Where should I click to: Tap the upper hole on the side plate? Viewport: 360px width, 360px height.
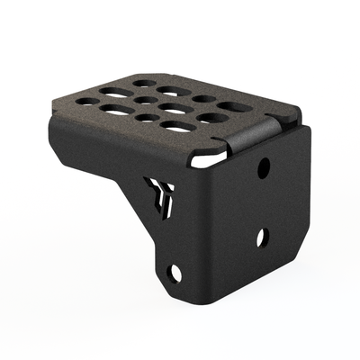click(264, 167)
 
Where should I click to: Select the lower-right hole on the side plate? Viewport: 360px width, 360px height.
click(262, 238)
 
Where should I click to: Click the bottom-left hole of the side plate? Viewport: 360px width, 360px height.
click(175, 272)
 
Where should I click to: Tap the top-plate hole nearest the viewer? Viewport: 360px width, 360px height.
click(178, 128)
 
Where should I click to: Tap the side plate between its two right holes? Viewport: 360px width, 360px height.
click(263, 202)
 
